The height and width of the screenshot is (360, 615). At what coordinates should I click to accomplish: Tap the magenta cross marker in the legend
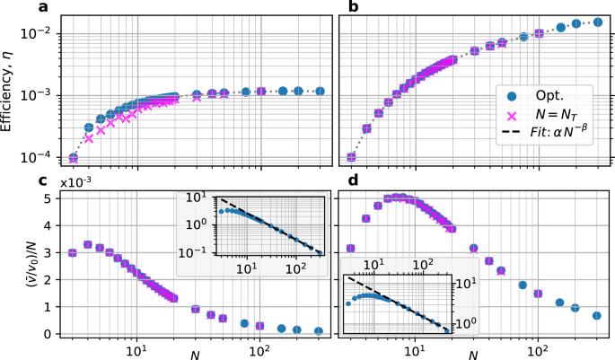click(x=514, y=116)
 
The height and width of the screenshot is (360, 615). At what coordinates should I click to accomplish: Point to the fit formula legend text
click(x=561, y=136)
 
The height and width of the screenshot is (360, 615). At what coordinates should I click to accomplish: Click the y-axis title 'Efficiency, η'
click(x=10, y=89)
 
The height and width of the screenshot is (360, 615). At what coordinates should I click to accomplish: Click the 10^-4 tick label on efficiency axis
click(x=40, y=157)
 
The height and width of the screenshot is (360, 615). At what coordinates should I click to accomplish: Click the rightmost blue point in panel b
click(x=597, y=22)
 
